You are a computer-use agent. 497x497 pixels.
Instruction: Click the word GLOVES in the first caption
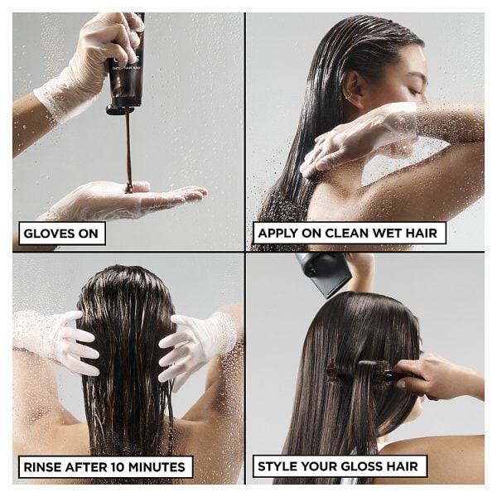(x=51, y=234)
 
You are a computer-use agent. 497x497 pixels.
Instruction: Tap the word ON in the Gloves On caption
(x=87, y=234)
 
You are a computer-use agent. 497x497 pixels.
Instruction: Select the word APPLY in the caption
(x=280, y=234)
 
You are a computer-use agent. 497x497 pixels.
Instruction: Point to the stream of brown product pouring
(x=128, y=153)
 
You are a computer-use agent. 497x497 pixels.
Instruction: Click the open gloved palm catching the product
(x=124, y=200)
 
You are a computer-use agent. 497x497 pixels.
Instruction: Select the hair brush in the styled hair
(x=364, y=373)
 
